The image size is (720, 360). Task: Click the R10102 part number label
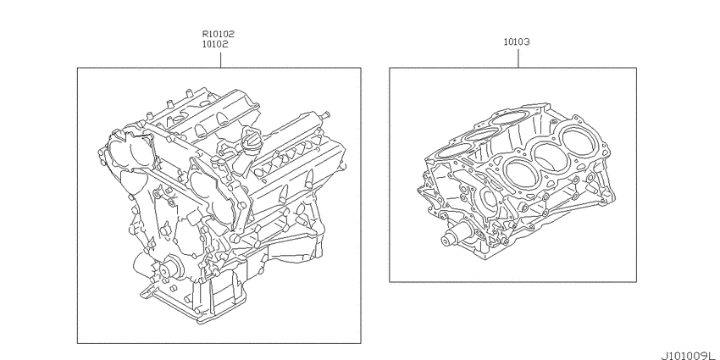[x=218, y=34]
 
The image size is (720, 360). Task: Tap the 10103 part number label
[x=517, y=42]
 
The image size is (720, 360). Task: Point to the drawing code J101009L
[x=689, y=356]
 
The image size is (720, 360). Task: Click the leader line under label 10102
[x=221, y=60]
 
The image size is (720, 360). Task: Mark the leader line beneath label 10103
[x=518, y=58]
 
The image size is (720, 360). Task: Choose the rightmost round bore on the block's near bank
[x=578, y=140]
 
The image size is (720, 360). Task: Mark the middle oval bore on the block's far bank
[x=480, y=135]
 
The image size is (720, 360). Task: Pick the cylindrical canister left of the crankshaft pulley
[x=143, y=265]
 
